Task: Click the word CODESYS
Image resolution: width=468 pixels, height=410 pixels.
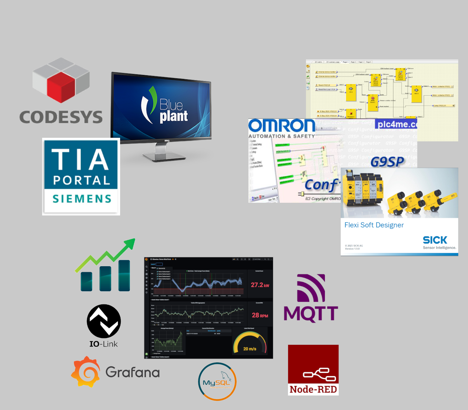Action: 61,117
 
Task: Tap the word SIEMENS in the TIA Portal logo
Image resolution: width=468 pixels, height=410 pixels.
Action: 82,199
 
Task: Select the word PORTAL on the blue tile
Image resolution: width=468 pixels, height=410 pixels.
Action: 82,181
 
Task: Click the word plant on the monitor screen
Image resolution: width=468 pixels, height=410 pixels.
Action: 173,116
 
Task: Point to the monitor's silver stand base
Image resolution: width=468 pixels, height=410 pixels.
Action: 164,156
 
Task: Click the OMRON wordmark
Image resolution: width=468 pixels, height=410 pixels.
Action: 282,126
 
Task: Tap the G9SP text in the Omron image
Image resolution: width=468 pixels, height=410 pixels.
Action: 387,162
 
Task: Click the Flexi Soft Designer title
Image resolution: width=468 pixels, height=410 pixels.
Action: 374,225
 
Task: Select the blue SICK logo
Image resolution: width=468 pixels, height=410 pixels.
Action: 435,240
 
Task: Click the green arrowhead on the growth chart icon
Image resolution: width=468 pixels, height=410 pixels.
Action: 130,243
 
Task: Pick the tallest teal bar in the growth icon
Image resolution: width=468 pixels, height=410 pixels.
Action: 124,276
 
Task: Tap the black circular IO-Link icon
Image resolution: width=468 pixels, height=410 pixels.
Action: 104,321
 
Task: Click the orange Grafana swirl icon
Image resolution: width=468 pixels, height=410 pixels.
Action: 86,372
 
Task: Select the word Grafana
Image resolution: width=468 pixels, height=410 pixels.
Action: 133,372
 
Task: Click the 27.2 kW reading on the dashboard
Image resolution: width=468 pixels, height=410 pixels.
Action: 260,285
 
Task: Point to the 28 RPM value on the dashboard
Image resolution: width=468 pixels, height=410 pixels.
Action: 260,315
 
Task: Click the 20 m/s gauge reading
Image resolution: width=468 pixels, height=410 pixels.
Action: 250,349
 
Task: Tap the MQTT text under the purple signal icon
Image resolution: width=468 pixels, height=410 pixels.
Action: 311,313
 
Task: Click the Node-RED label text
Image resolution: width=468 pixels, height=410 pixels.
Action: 313,389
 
